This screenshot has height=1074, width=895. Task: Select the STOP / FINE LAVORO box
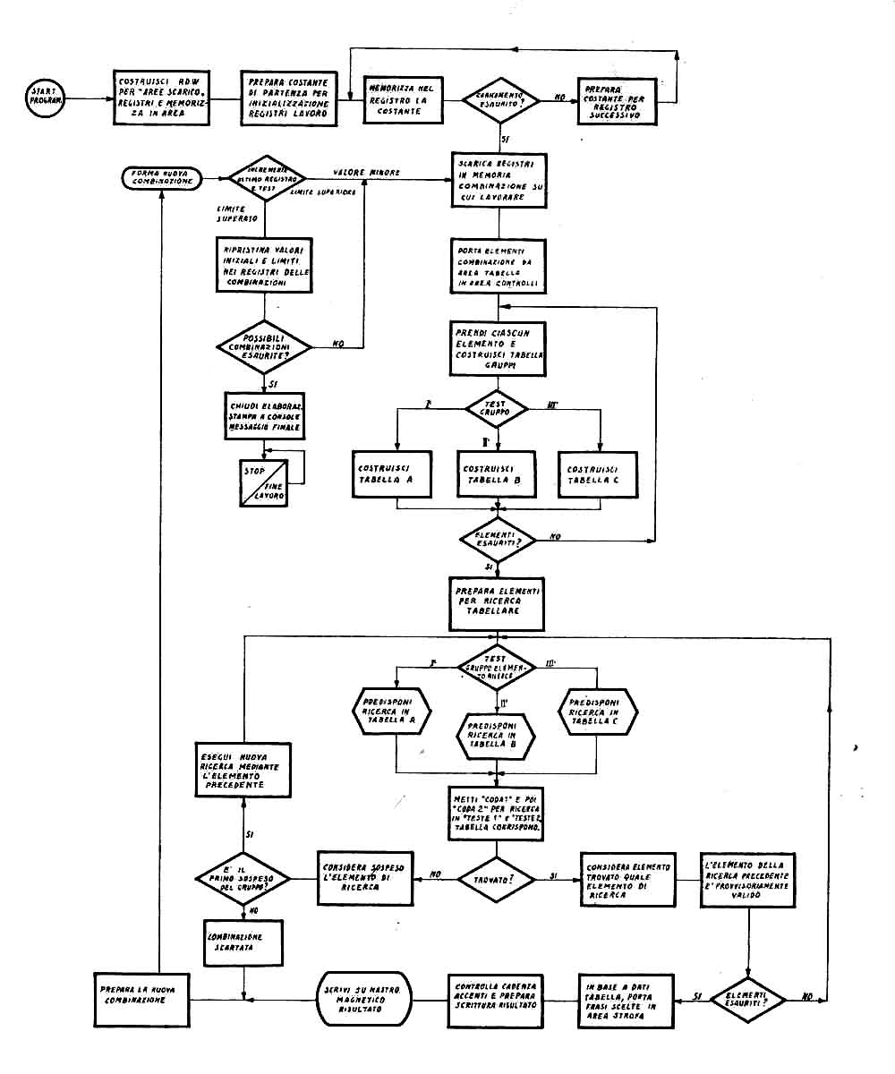(x=264, y=482)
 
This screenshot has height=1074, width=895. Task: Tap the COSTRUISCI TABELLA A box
(x=396, y=476)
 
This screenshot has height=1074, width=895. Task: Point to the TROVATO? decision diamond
(x=498, y=881)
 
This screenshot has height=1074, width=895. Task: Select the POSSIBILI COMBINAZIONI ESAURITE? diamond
(x=264, y=345)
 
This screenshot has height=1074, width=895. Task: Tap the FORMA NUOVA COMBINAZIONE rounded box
(x=160, y=176)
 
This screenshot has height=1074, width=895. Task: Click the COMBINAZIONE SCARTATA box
(x=243, y=942)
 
